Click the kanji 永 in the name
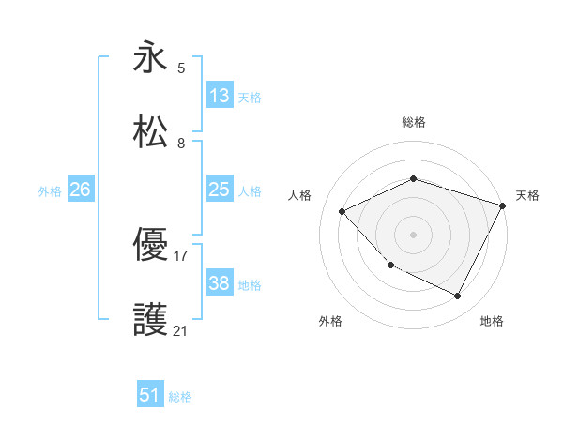tap(150, 57)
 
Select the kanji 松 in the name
tap(150, 132)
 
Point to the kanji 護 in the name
tap(150, 320)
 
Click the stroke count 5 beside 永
tap(181, 68)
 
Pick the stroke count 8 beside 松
tap(181, 144)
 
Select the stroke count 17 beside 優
tap(181, 255)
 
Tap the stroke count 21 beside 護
tap(181, 330)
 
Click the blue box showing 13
tap(220, 96)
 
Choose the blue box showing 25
tap(220, 190)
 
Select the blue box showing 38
tap(220, 282)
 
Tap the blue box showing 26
tap(80, 190)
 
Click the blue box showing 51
tap(150, 395)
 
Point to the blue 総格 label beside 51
tap(180, 397)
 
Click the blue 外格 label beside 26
tap(50, 191)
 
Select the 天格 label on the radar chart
tap(527, 195)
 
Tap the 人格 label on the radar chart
tap(300, 195)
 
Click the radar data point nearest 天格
tap(503, 205)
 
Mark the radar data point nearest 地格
tap(458, 297)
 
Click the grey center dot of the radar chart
tap(413, 234)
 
